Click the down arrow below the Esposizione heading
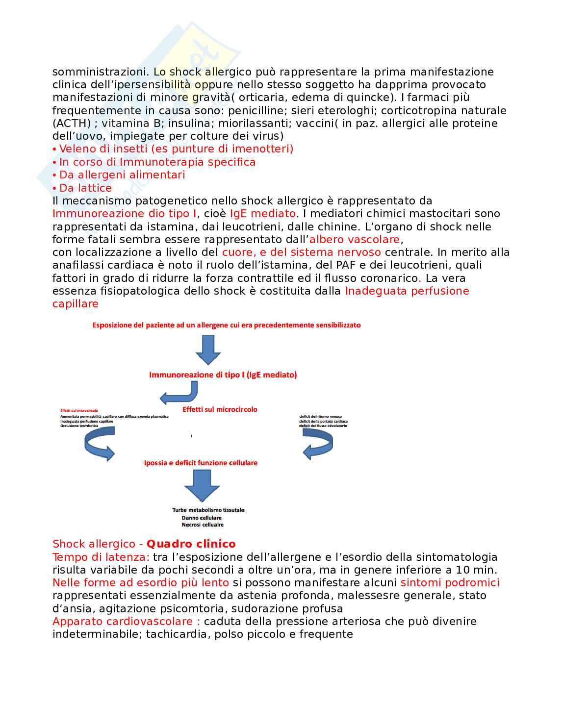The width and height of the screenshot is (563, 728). pyautogui.click(x=208, y=350)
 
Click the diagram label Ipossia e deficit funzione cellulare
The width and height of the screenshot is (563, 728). pyautogui.click(x=201, y=463)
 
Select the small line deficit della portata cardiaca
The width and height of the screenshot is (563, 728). pyautogui.click(x=323, y=421)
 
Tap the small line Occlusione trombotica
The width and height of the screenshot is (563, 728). pyautogui.click(x=79, y=426)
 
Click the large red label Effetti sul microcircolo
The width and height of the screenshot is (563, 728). pyautogui.click(x=220, y=409)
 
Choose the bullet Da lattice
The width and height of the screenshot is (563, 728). pyautogui.click(x=85, y=188)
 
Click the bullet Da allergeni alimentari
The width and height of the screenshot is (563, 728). pyautogui.click(x=122, y=175)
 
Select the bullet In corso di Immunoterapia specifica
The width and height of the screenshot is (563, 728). pyautogui.click(x=157, y=162)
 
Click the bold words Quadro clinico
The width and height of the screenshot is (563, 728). pyautogui.click(x=191, y=544)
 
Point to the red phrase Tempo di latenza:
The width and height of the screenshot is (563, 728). pyautogui.click(x=101, y=557)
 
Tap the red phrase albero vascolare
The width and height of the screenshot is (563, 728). pyautogui.click(x=355, y=239)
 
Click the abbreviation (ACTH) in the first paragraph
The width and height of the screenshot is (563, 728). pyautogui.click(x=72, y=124)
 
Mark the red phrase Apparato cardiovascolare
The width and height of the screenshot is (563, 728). pyautogui.click(x=126, y=621)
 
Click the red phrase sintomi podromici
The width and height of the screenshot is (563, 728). pyautogui.click(x=450, y=582)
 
